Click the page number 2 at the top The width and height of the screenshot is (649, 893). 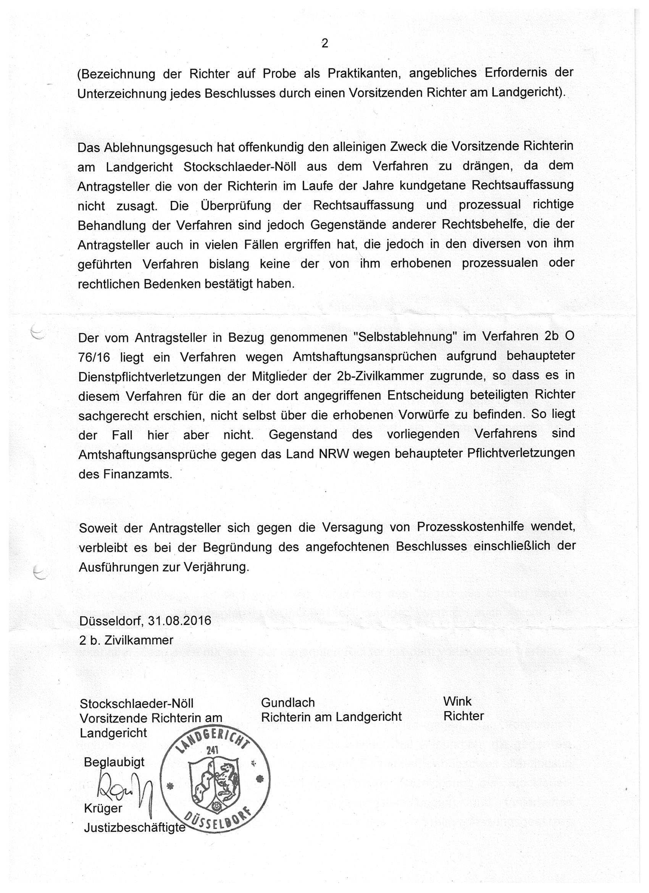point(325,43)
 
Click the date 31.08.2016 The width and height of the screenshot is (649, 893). point(179,621)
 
